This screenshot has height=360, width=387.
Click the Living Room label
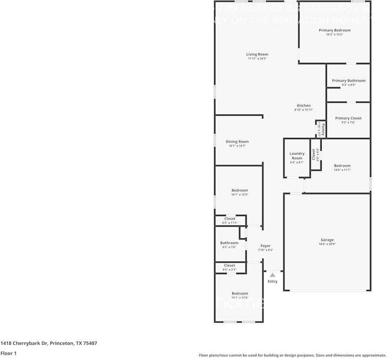point(257,54)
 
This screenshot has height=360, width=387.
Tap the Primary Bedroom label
point(334,30)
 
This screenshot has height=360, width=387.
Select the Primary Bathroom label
point(348,81)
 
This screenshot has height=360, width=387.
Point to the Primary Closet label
point(348,118)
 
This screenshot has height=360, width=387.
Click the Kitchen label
point(304,106)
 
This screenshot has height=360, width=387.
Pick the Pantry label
point(323,129)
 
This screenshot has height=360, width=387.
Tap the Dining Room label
point(237,142)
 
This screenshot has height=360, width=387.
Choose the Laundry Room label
point(297,156)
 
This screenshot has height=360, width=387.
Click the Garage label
point(327,240)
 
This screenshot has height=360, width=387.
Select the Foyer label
point(265,246)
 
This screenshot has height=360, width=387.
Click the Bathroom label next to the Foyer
point(229,243)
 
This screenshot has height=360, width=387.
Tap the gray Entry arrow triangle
point(273,275)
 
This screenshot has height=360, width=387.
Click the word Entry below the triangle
point(273,281)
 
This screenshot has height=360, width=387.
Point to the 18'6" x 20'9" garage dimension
point(327,244)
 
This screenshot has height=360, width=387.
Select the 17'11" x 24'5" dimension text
point(257,59)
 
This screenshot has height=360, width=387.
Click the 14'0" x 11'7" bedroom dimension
point(342,170)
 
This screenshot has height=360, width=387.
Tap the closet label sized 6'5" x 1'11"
point(230,218)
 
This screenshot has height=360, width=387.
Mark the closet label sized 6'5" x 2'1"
point(229,265)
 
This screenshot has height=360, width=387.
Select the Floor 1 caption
point(9,353)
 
